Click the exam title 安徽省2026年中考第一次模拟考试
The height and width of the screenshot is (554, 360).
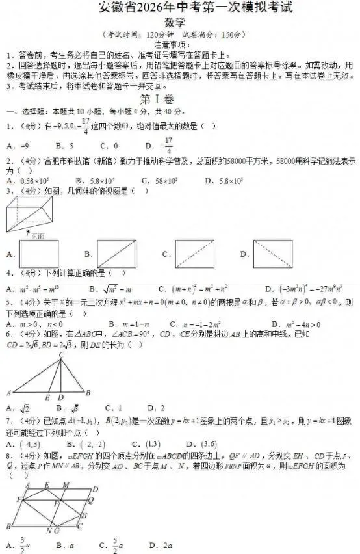(x=179, y=9)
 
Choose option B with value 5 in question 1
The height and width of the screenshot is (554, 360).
(x=64, y=146)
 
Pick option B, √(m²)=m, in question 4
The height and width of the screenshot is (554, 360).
(x=107, y=288)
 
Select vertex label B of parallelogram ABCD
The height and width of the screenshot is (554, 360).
(x=7, y=525)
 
